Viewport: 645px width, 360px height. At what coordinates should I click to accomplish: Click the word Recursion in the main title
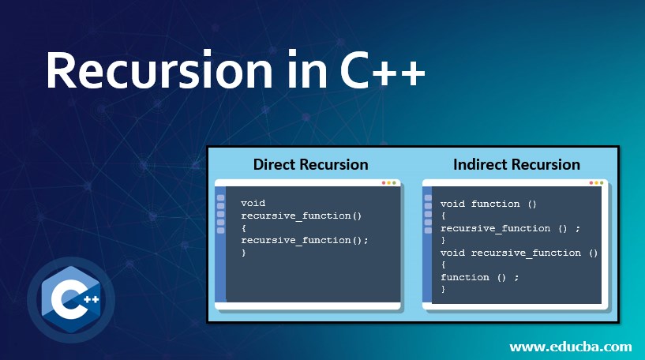[161, 73]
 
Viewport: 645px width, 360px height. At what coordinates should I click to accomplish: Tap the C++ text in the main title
[383, 73]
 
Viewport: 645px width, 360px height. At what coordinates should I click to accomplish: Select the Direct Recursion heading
[310, 164]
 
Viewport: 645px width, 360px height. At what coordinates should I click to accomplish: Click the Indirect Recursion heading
[516, 164]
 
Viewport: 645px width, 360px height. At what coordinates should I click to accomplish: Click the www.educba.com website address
[570, 346]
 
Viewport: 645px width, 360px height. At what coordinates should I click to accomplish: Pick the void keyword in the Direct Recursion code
[253, 203]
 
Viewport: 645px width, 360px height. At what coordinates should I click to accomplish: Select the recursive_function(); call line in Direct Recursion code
[305, 240]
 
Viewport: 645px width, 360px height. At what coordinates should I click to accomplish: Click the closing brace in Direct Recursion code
[244, 253]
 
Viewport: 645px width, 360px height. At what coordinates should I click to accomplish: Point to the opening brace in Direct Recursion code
[244, 227]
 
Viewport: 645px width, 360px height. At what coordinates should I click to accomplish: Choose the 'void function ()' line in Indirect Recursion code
[489, 204]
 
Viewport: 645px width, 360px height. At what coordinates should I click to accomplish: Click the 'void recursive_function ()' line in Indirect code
[519, 253]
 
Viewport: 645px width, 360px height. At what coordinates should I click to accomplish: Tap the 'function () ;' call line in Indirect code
[480, 277]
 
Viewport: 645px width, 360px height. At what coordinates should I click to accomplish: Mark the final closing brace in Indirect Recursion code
[444, 290]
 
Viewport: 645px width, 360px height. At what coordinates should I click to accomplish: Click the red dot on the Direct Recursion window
[384, 182]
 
